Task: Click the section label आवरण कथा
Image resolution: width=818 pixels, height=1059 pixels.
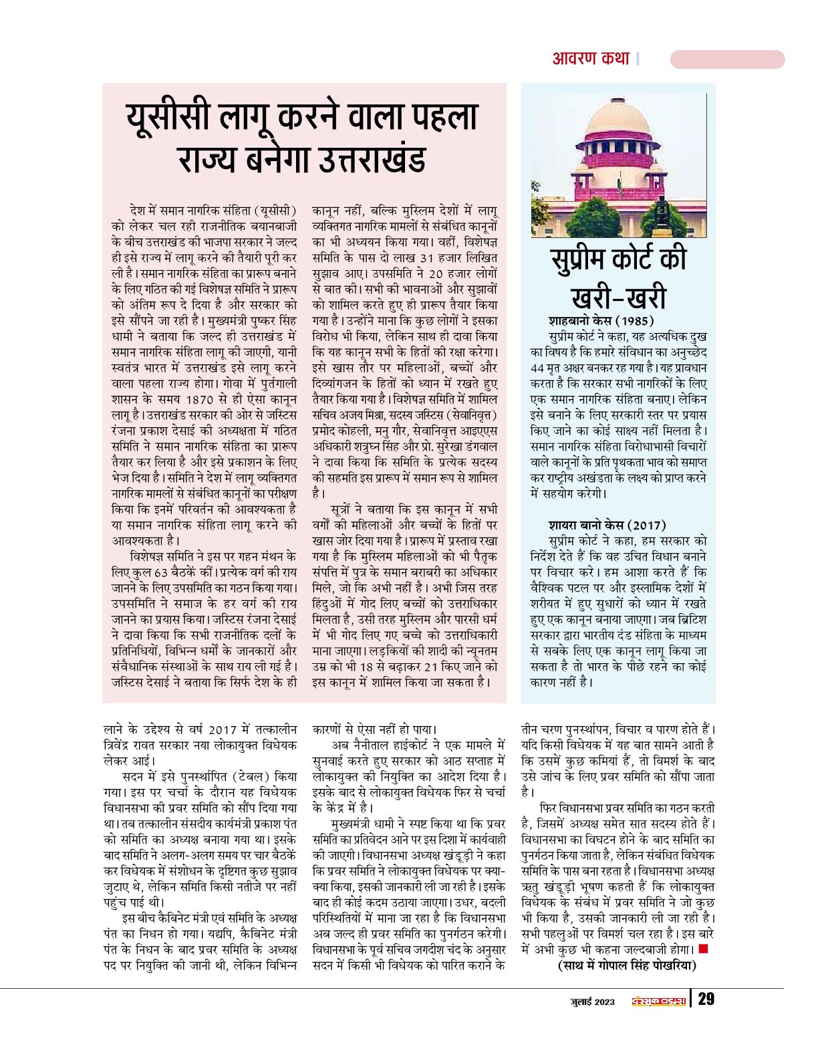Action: click(x=591, y=59)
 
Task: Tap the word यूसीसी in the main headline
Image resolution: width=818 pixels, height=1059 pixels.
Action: click(x=170, y=118)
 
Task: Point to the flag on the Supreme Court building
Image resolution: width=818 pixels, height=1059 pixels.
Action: click(x=620, y=181)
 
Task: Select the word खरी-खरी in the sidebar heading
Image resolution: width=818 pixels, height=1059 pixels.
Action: click(x=618, y=297)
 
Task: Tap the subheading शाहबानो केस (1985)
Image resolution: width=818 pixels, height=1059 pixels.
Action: click(x=601, y=320)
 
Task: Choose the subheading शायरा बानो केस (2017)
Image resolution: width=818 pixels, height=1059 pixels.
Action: click(x=607, y=525)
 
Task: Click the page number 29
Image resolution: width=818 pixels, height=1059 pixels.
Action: click(x=706, y=999)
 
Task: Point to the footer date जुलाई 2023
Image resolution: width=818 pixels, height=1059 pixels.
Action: click(x=592, y=1001)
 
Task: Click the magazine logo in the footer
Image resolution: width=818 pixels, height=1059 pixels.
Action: click(x=658, y=1001)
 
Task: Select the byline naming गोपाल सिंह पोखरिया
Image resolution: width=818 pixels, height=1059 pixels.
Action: click(x=627, y=965)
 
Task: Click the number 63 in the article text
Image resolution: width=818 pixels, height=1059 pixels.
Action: click(x=162, y=573)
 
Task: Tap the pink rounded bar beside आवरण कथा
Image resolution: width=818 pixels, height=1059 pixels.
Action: click(x=727, y=60)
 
